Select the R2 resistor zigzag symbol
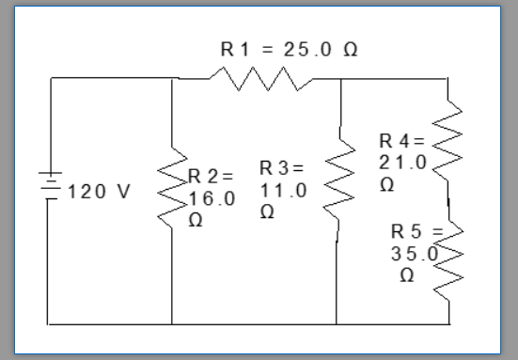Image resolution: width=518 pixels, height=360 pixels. coord(173,187)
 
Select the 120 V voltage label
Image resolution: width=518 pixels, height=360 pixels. coord(99,191)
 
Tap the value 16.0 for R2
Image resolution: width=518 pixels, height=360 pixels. coord(212,199)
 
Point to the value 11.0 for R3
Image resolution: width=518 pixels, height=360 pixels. coord(283,191)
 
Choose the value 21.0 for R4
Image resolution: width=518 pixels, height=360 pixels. coord(402,163)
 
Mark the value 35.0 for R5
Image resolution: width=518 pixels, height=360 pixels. coord(414,254)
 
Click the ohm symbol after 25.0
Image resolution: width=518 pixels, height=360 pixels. coord(350,49)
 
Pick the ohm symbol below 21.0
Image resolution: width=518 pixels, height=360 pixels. coord(386,185)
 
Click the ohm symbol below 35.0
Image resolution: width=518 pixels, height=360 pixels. coord(406,276)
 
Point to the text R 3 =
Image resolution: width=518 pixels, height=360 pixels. coord(282,169)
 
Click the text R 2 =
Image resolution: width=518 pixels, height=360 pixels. coord(211,177)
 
